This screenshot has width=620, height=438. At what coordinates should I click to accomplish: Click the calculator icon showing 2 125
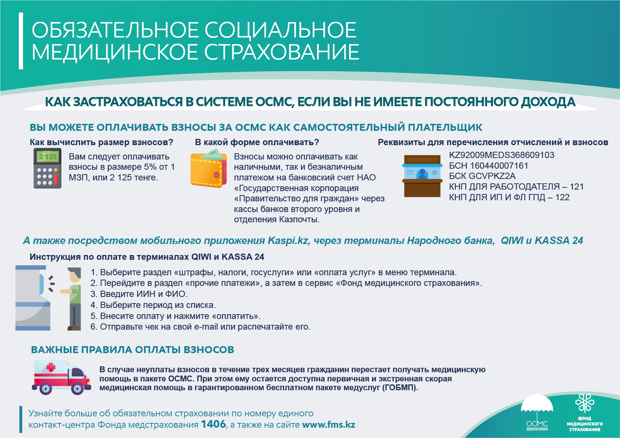(47, 168)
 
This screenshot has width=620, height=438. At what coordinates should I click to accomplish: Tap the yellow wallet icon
(208, 168)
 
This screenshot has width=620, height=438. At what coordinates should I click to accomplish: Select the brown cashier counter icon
(422, 176)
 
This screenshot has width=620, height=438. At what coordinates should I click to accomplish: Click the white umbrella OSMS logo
(537, 410)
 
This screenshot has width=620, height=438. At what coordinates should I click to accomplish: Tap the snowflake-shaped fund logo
(585, 403)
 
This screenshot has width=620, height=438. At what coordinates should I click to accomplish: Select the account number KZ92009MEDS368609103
(502, 155)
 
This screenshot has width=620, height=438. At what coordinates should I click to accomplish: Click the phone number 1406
(213, 424)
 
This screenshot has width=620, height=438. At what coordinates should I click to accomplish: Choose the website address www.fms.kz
(329, 425)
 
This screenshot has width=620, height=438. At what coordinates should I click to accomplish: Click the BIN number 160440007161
(499, 166)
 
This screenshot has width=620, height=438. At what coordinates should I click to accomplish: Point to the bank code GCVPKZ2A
(492, 176)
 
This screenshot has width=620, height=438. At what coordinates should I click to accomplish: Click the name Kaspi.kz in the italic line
(288, 241)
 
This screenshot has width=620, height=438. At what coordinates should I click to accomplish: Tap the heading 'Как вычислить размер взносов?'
(101, 142)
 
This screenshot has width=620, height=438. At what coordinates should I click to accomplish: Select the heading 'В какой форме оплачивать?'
(257, 142)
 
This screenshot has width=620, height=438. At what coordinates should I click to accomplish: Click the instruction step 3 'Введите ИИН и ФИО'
(139, 294)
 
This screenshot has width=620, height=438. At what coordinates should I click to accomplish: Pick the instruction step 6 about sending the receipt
(201, 327)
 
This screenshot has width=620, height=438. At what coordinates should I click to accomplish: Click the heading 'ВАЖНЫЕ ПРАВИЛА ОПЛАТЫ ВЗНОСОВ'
(132, 349)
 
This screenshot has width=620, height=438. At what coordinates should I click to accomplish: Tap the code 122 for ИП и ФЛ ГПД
(562, 197)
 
